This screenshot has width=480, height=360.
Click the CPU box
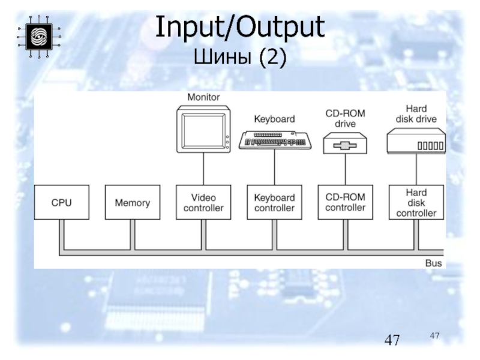61,203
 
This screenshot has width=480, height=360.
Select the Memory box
132,203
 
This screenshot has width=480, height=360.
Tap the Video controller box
203,203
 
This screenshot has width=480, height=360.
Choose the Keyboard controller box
274,203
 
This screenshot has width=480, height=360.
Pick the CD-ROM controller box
345,203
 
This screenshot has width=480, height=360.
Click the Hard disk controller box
416,203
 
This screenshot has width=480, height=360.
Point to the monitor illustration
204,128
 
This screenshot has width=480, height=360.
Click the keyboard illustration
275,140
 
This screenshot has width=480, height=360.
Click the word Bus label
434,263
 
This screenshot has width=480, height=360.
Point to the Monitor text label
203,97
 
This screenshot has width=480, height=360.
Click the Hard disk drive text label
416,113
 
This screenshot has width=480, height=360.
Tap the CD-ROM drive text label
345,118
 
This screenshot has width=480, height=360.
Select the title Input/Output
239,28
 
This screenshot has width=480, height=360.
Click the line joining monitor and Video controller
203,168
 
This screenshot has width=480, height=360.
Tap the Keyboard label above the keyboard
274,119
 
